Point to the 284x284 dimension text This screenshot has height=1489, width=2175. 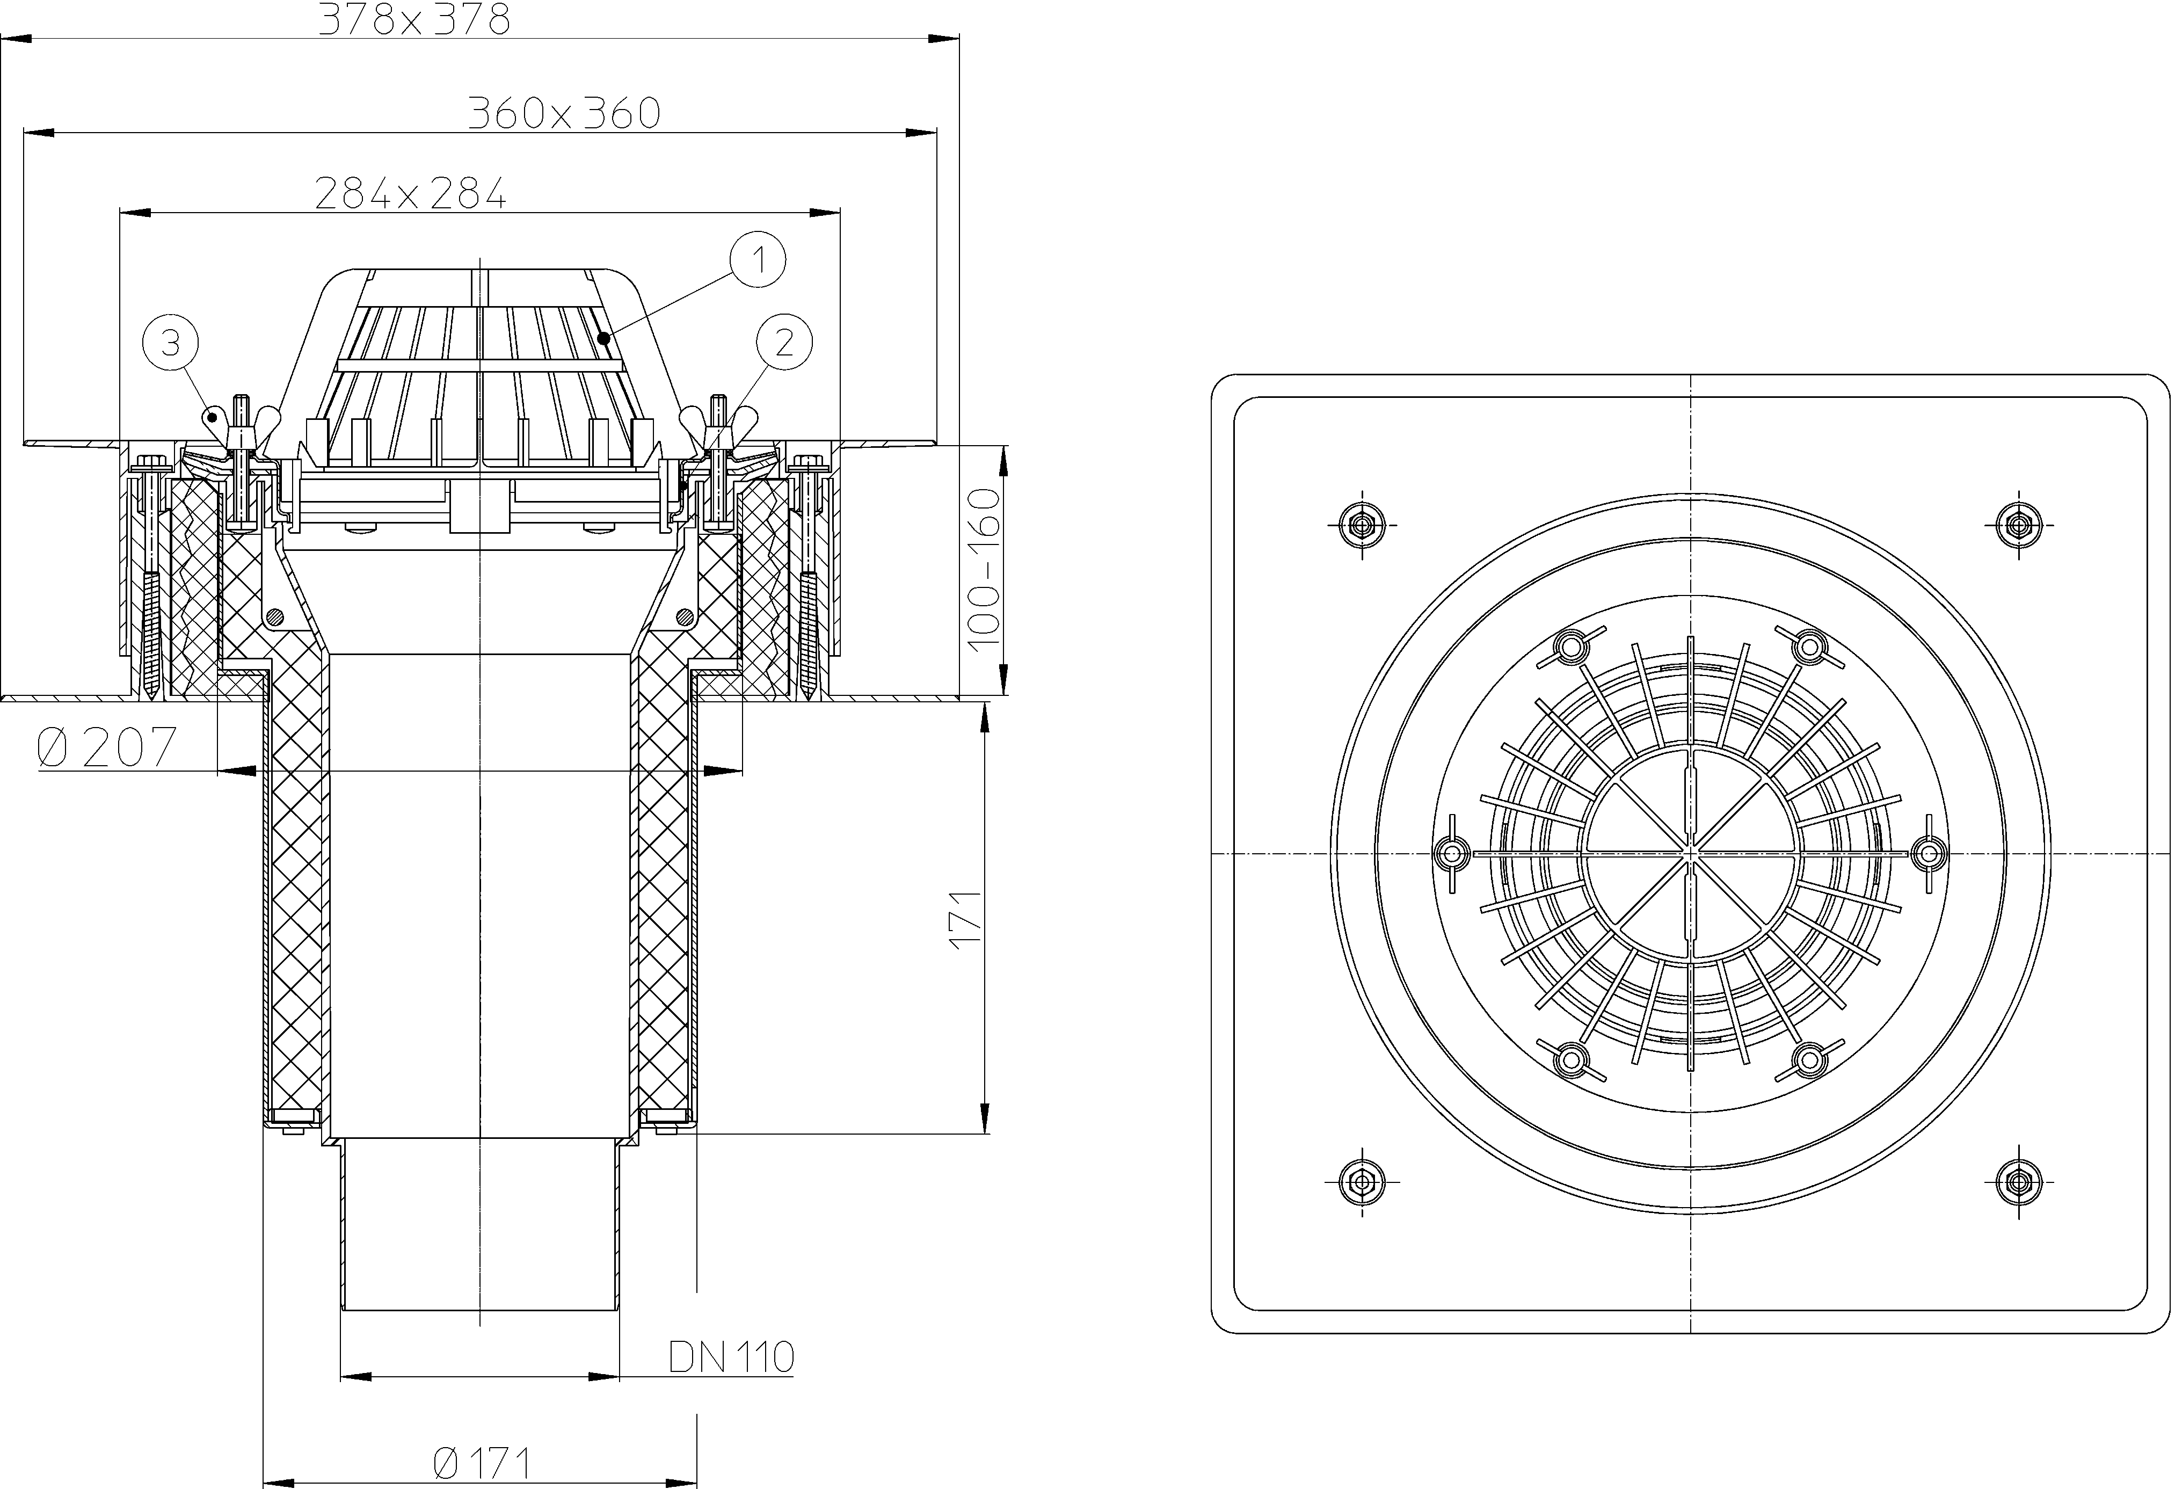[x=411, y=194]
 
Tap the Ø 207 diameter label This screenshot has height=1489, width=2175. [x=107, y=748]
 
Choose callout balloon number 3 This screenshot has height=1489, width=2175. [x=170, y=344]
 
